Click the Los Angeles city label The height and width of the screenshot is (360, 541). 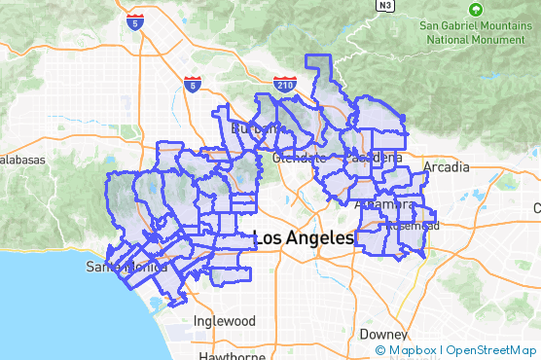tap(304, 238)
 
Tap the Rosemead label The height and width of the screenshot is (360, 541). tap(414, 226)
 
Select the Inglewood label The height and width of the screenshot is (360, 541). tap(225, 321)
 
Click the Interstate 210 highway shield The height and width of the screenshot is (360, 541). tap(285, 85)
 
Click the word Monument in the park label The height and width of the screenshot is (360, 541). tap(498, 41)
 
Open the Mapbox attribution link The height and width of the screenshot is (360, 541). tap(409, 350)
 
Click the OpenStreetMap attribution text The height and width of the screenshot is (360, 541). tap(492, 350)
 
